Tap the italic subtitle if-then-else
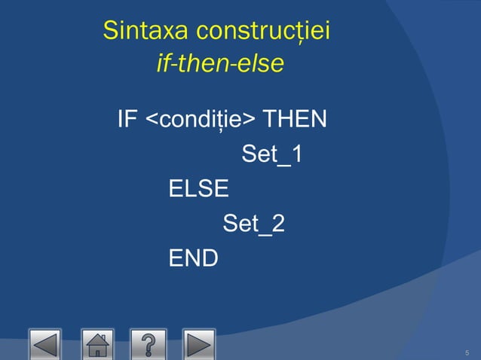coord(219,64)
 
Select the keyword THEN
coord(294,119)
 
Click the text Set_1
coord(271,154)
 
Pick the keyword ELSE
coord(198,188)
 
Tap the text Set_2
coord(253,224)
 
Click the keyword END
coord(193,258)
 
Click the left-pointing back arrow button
coord(44,344)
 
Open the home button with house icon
coord(97,344)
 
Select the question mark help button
coord(148,344)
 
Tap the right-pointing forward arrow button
coord(198,344)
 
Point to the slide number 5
coord(467,353)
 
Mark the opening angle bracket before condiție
coord(151,121)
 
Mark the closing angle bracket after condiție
coord(249,121)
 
